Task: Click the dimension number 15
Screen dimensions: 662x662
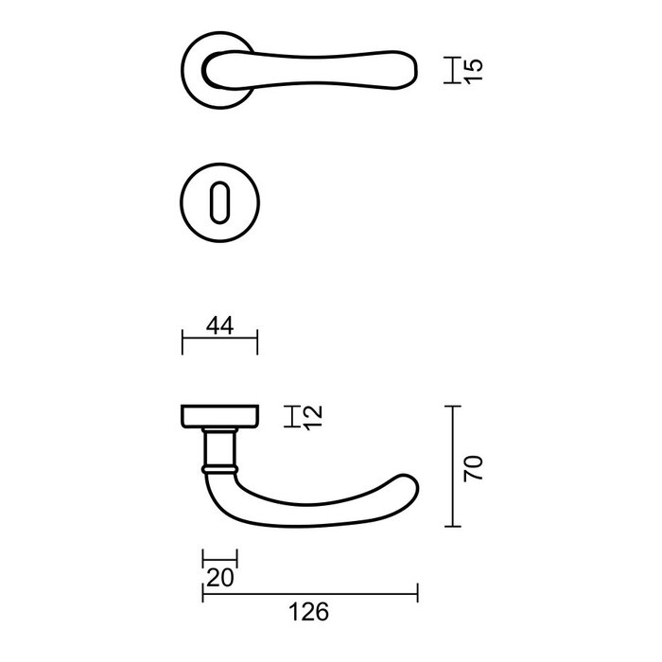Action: [475, 69]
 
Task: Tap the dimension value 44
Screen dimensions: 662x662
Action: [219, 326]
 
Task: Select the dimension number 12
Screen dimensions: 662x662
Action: [315, 416]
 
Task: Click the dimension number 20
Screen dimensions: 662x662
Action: [219, 577]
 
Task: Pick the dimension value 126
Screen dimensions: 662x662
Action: [309, 613]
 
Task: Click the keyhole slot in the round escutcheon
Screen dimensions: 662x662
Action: [218, 201]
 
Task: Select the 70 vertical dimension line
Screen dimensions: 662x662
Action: [456, 467]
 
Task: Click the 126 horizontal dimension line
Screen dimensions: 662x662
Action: [309, 595]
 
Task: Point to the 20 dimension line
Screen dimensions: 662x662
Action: [219, 560]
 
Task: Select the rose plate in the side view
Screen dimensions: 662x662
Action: [218, 416]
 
